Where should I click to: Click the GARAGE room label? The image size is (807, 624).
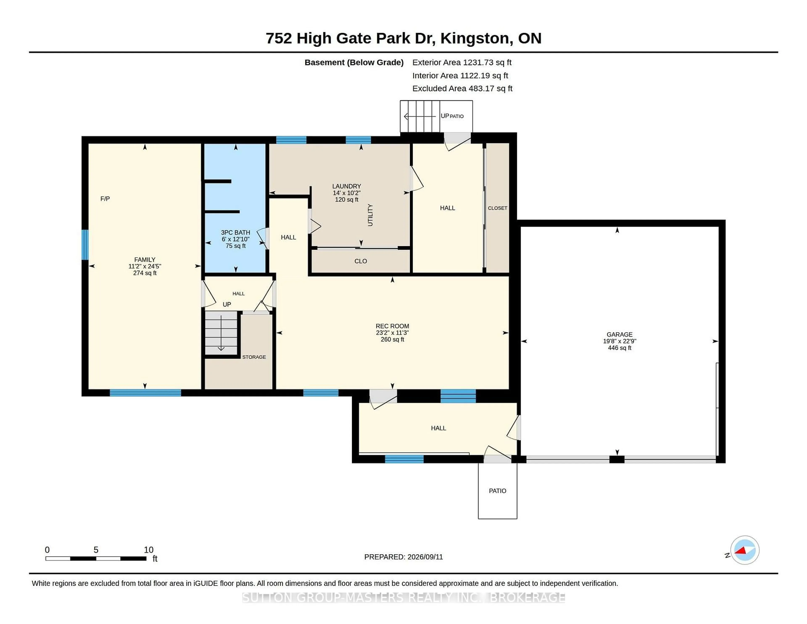(620, 334)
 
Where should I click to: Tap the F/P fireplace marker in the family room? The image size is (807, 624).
(105, 199)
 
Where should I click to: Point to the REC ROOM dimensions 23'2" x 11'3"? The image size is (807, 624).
(392, 333)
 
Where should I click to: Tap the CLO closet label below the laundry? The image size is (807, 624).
(361, 261)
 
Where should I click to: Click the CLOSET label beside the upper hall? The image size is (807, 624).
(497, 208)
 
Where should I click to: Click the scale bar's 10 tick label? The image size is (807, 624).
(149, 550)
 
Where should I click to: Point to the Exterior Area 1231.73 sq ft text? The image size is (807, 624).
(462, 62)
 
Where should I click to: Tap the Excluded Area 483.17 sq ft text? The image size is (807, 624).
(462, 88)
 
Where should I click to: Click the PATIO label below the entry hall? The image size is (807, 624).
(497, 491)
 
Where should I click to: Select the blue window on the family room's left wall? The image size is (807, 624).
(85, 245)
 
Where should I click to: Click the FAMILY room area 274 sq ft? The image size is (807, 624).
(145, 273)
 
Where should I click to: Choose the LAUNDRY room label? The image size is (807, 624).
(347, 186)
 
